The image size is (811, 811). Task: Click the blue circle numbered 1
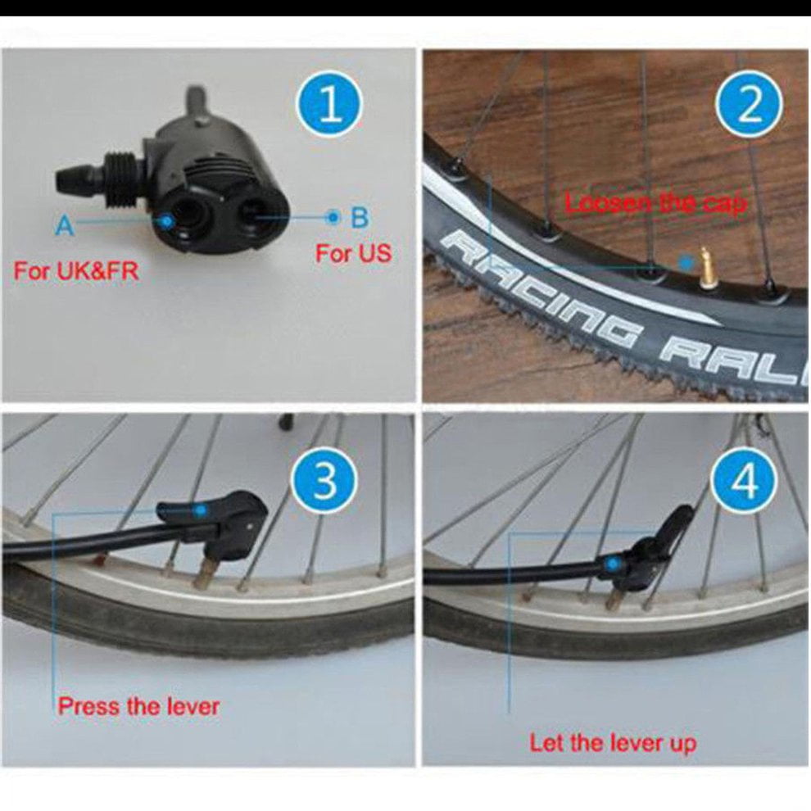(329, 105)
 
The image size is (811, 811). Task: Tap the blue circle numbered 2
(749, 105)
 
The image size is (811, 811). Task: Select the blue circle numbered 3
(325, 480)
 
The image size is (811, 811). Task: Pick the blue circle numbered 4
(745, 480)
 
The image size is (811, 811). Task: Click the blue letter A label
(64, 225)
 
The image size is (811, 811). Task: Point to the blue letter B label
(360, 217)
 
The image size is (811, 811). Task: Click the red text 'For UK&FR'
(76, 271)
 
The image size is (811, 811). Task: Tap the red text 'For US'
(354, 253)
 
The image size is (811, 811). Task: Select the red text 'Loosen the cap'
(656, 203)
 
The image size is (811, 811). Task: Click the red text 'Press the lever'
(138, 706)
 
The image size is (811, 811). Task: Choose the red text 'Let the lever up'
(613, 743)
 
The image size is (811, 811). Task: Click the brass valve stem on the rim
(705, 266)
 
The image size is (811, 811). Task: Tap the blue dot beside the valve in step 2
(686, 262)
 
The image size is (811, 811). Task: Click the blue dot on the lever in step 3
(201, 511)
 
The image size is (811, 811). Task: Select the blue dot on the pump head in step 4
(614, 563)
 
